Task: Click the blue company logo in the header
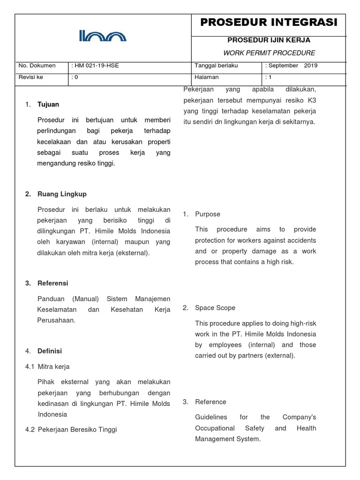(103, 36)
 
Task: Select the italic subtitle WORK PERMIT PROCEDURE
(269, 53)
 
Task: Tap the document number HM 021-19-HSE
(96, 66)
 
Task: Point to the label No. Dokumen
(37, 66)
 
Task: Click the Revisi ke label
(30, 77)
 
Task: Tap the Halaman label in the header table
(207, 77)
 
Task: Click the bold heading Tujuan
(48, 104)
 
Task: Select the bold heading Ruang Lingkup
(62, 194)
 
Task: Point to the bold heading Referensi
(52, 283)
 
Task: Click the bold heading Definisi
(50, 351)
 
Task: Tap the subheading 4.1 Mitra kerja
(47, 367)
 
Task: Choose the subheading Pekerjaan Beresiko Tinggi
(77, 429)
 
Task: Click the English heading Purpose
(208, 214)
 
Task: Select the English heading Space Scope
(215, 308)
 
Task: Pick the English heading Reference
(210, 402)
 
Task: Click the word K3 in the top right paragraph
(312, 100)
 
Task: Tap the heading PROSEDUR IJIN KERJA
(269, 40)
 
